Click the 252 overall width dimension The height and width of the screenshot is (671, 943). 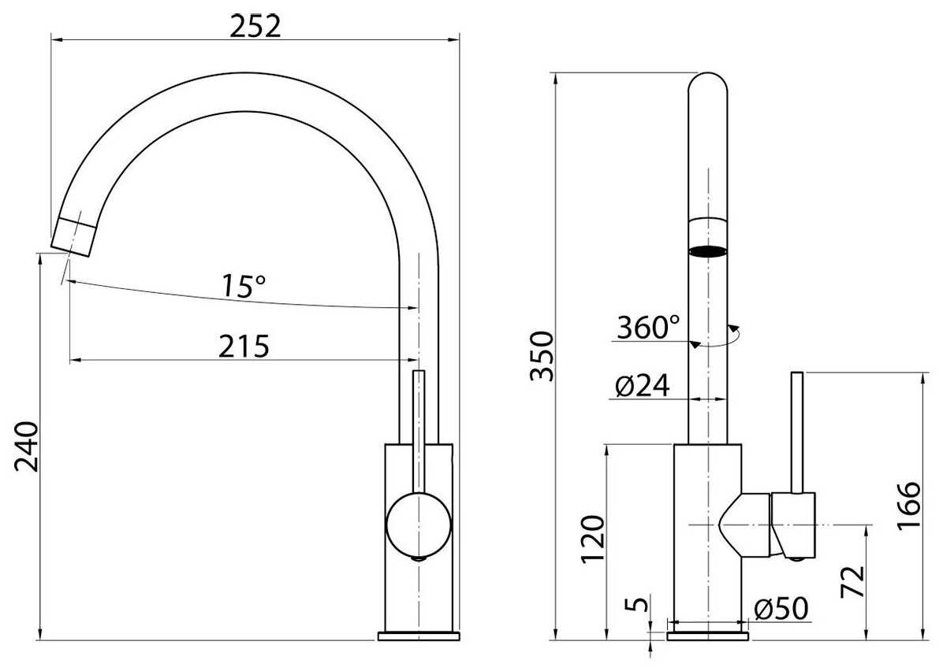(255, 27)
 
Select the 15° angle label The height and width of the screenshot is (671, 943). (244, 287)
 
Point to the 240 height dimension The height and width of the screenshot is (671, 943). (27, 447)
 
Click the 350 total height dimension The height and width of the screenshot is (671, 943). (541, 356)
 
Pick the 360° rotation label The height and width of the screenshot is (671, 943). (648, 328)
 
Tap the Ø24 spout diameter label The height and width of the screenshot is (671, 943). (643, 386)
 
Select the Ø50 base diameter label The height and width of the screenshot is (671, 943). (781, 609)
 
